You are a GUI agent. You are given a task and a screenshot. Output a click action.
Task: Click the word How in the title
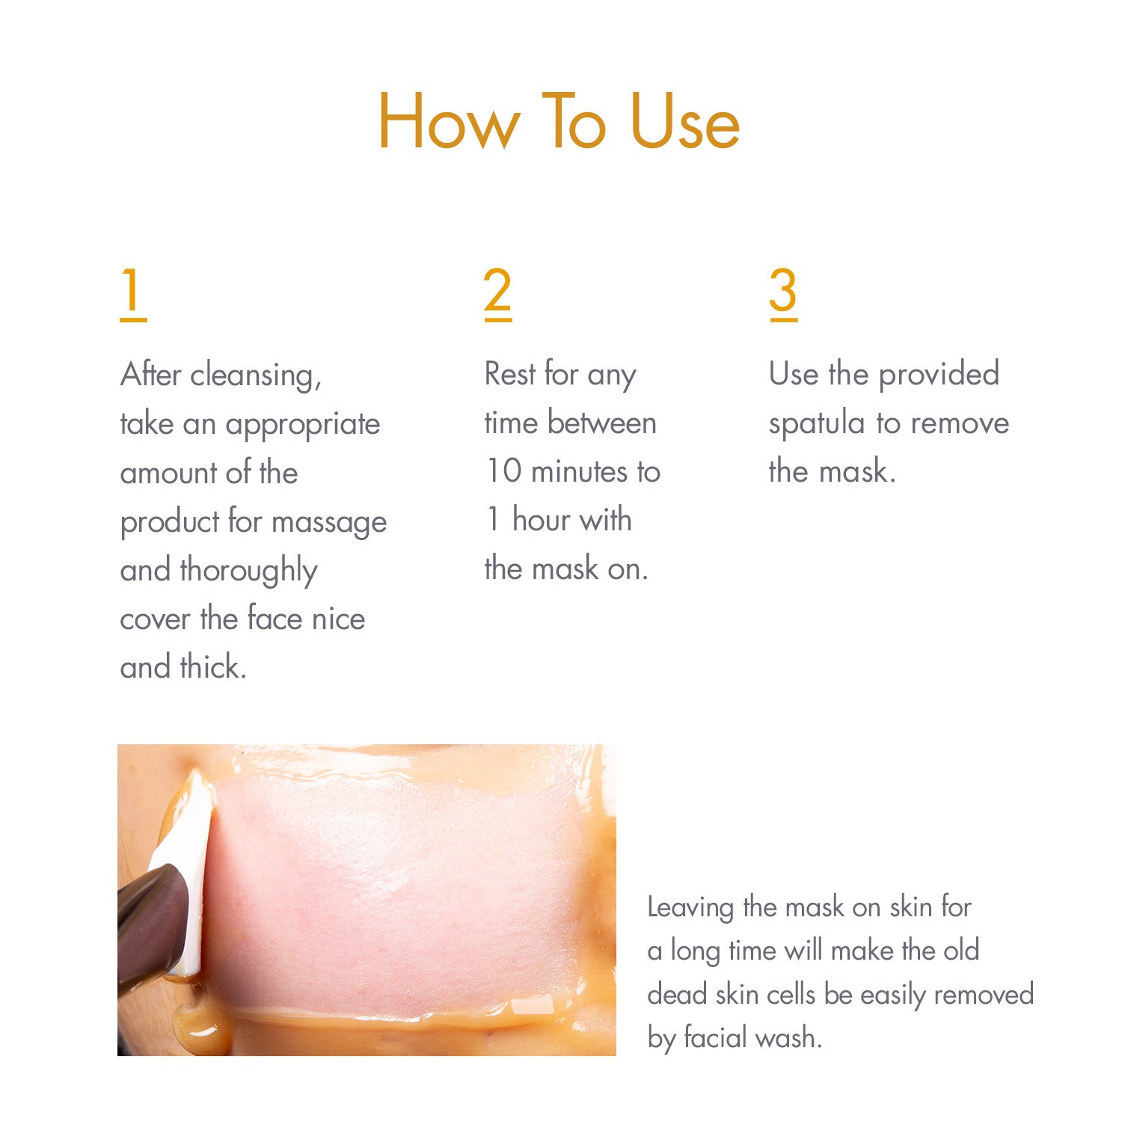pyautogui.click(x=448, y=122)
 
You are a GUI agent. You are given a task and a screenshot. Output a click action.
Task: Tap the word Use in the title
pyautogui.click(x=685, y=122)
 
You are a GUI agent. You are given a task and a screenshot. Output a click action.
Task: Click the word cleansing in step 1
pyautogui.click(x=255, y=375)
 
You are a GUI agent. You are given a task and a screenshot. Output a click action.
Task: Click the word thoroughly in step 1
pyautogui.click(x=248, y=571)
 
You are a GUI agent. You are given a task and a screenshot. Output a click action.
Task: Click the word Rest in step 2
pyautogui.click(x=510, y=374)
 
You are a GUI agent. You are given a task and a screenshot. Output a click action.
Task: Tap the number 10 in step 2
pyautogui.click(x=503, y=471)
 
